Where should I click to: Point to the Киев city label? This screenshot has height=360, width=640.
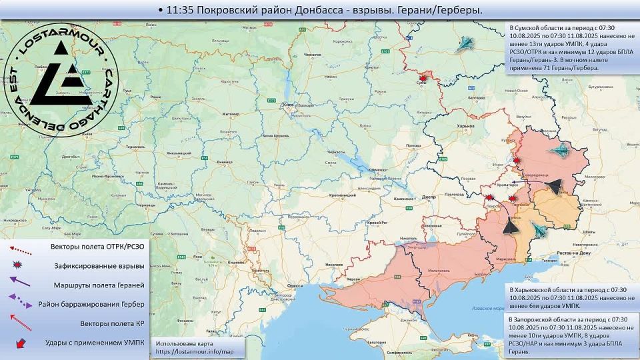pos(289,105)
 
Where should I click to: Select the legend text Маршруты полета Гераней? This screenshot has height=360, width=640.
pos(98,285)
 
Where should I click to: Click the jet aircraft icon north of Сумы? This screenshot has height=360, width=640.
pos(467,45)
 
